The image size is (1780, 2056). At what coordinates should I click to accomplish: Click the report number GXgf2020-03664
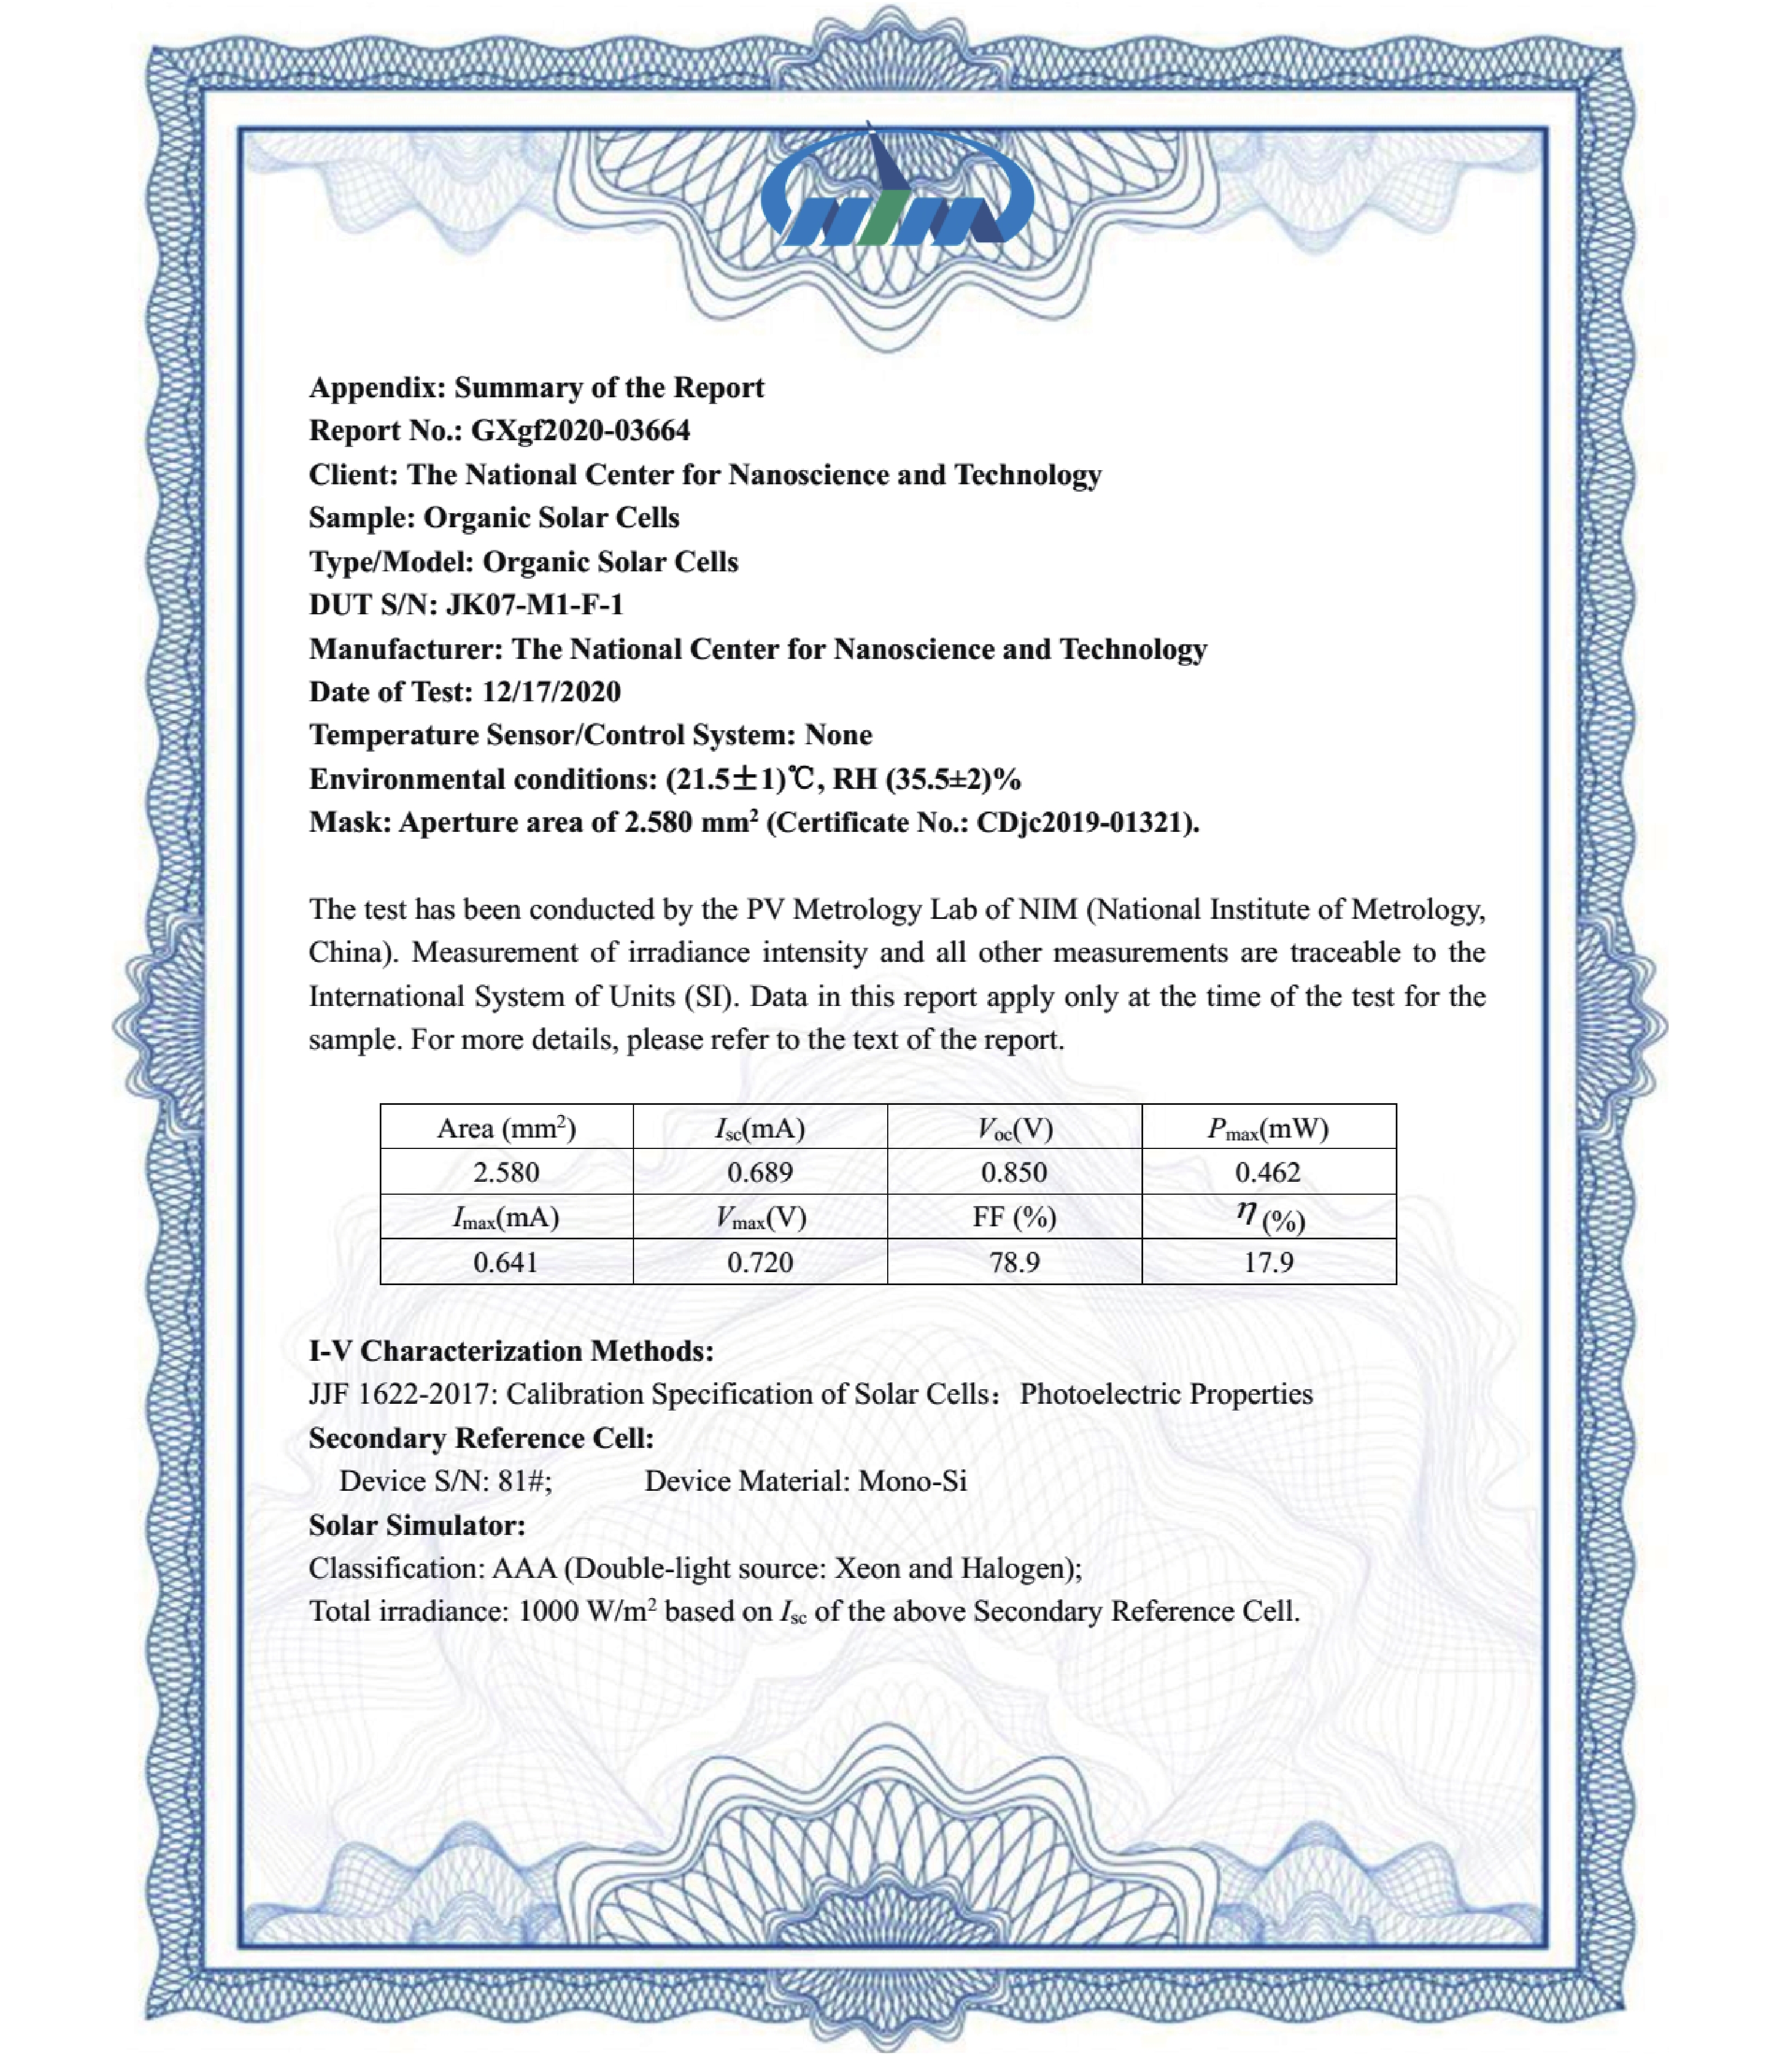click(580, 430)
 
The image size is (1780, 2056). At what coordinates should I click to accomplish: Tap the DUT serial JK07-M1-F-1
click(535, 604)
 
